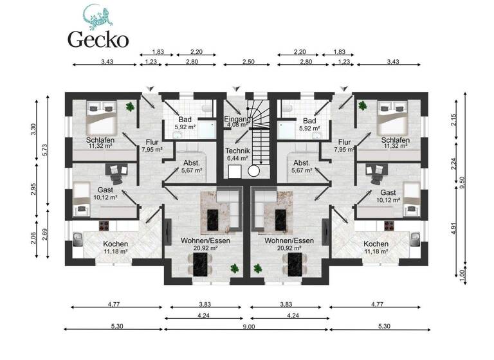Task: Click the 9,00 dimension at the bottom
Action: [248, 326]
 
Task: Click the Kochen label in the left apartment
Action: [114, 244]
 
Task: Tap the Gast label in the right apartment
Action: [388, 193]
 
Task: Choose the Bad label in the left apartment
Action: [185, 121]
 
